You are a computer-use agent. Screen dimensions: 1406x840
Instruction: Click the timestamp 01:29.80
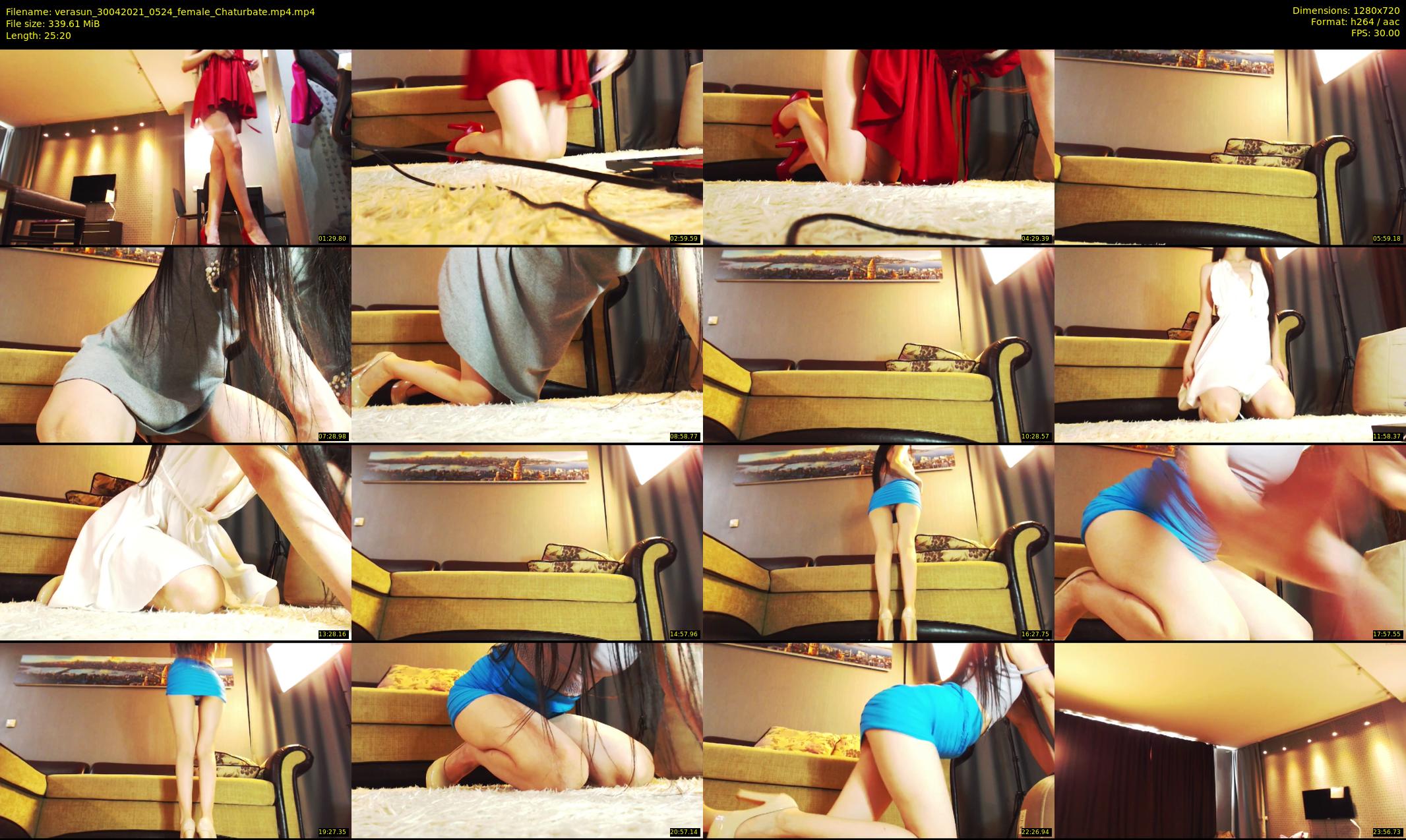(332, 239)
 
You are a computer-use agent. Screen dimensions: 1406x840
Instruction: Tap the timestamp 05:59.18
(1387, 239)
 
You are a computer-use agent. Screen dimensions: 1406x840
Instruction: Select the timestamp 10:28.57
(1035, 436)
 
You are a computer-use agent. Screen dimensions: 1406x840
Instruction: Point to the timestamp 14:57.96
(684, 634)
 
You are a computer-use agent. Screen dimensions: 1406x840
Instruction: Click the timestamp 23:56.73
(1387, 832)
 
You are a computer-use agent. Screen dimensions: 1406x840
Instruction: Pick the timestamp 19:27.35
(332, 832)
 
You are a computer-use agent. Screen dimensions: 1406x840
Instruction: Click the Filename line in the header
(160, 12)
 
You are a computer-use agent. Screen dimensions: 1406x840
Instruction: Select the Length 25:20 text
(38, 36)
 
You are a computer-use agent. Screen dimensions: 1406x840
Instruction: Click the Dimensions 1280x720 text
(1346, 11)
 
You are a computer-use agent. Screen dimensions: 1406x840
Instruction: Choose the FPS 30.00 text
(1375, 33)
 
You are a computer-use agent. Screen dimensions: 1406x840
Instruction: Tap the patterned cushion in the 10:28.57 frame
(930, 358)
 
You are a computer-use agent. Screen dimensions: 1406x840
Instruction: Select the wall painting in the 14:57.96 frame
(475, 467)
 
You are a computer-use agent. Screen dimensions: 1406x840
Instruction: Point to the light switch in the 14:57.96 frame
(359, 522)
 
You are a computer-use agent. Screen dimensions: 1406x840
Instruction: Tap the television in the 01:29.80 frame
(93, 188)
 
